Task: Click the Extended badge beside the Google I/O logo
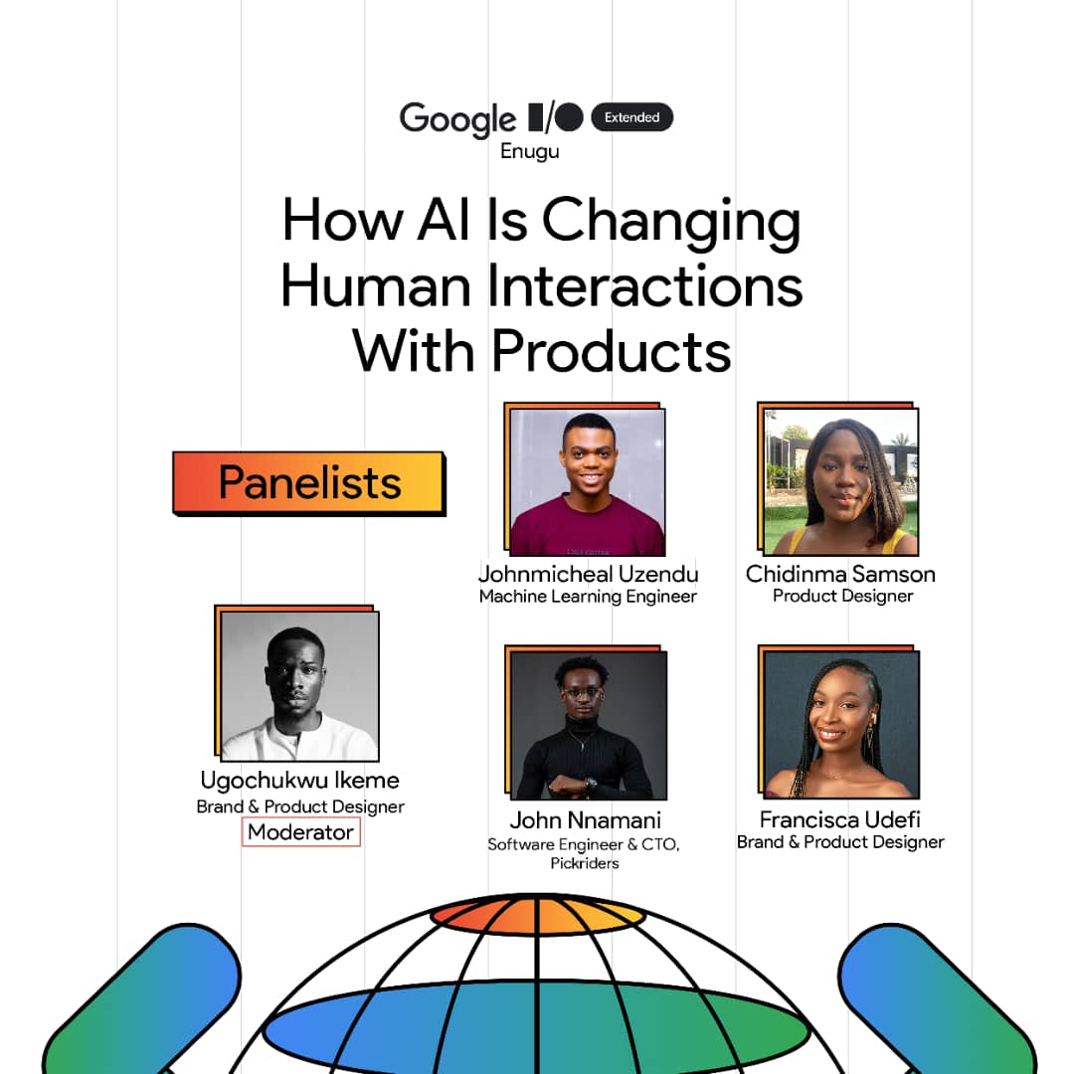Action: (631, 117)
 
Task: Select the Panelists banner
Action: (309, 483)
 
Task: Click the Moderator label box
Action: (300, 831)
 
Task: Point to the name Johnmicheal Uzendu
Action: (588, 575)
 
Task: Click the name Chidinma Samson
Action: (840, 574)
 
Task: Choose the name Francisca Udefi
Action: (840, 820)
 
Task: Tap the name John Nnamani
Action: (586, 820)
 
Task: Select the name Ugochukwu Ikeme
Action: (300, 781)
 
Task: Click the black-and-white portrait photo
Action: (299, 686)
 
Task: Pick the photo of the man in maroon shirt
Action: (587, 482)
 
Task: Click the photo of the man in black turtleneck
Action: (588, 726)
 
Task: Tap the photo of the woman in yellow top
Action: (841, 481)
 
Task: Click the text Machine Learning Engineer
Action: (588, 597)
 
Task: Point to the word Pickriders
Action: (585, 863)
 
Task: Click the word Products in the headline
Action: (611, 350)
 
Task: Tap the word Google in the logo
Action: (457, 119)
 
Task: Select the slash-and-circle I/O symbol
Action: (555, 117)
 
